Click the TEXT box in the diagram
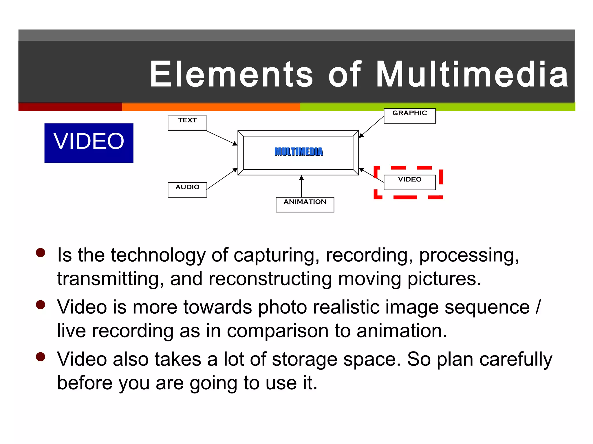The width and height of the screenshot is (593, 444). tap(187, 123)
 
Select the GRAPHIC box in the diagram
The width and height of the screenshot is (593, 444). tap(409, 116)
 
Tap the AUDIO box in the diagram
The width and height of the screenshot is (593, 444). tap(187, 190)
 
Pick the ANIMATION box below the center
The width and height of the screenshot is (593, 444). tap(305, 204)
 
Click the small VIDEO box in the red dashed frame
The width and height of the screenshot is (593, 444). tap(409, 182)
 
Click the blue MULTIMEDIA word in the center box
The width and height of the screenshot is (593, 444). tap(299, 152)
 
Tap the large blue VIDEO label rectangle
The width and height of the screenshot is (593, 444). tap(89, 143)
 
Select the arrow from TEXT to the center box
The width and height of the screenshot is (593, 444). tap(222, 138)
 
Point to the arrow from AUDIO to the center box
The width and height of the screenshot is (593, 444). tap(222, 179)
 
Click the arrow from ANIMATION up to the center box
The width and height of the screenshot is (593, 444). tap(301, 186)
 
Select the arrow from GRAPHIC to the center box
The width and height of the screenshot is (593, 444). tap(371, 127)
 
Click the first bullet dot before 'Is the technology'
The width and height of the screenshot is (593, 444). tap(41, 252)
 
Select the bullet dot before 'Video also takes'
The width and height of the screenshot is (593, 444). tap(41, 357)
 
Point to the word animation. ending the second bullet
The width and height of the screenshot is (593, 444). tap(402, 331)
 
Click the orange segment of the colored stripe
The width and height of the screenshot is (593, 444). tap(211, 107)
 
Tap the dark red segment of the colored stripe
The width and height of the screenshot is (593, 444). tap(70, 107)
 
